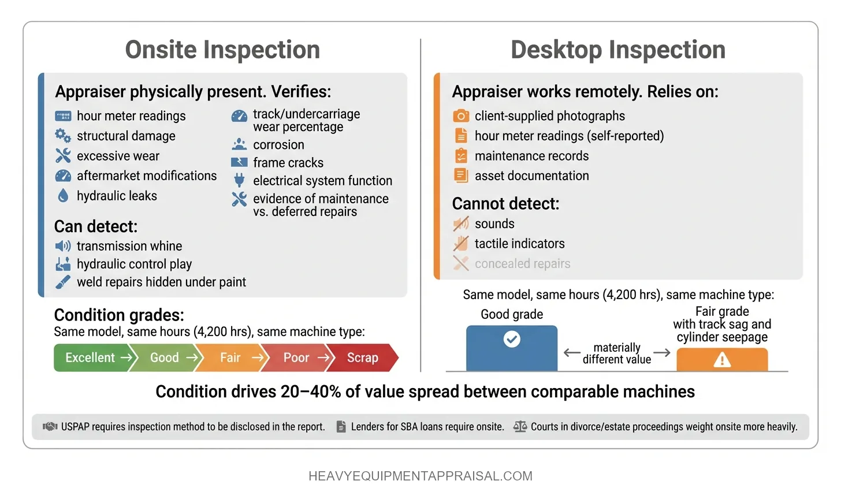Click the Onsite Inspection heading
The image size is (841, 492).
222,50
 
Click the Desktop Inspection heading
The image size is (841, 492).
618,50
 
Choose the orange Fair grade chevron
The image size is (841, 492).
231,357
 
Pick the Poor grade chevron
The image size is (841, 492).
297,357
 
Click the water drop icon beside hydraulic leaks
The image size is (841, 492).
63,196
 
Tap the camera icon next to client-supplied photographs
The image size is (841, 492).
461,116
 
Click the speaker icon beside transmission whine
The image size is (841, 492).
63,246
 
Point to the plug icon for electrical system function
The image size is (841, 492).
239,181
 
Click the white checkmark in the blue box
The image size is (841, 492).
512,339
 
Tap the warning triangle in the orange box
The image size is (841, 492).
722,360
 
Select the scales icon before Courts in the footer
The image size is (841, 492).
520,427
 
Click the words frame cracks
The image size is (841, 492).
288,163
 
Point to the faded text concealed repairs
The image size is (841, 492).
522,264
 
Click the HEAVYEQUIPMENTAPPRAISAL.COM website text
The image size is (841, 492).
420,476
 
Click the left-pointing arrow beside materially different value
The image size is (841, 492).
572,353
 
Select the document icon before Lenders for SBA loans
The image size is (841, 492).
341,427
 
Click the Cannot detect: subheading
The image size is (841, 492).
505,204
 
